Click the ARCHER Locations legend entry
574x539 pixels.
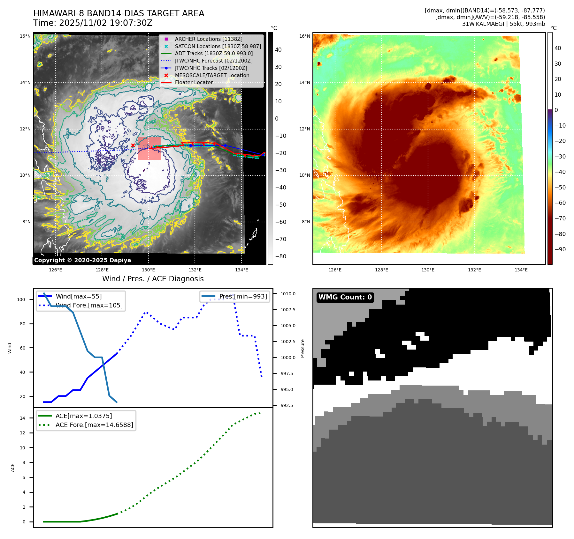(208, 39)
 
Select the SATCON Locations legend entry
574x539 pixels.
(218, 46)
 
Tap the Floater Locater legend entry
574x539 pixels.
(194, 82)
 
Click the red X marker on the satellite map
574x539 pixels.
(133, 145)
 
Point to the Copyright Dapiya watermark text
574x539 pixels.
(82, 260)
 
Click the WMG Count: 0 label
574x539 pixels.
(345, 297)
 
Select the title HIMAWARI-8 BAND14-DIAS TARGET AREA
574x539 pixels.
(119, 13)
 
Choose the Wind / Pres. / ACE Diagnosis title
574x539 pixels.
(153, 279)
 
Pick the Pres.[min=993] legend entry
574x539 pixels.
(243, 296)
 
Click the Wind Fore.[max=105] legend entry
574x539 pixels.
(89, 305)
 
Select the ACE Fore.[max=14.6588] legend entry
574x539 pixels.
(94, 425)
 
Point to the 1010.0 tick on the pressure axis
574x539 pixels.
(288, 294)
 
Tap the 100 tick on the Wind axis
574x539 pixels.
(21, 299)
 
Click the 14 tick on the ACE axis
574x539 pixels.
(22, 418)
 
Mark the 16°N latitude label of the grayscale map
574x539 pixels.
(25, 36)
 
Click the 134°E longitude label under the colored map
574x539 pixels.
(521, 270)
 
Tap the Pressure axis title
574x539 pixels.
(302, 348)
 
